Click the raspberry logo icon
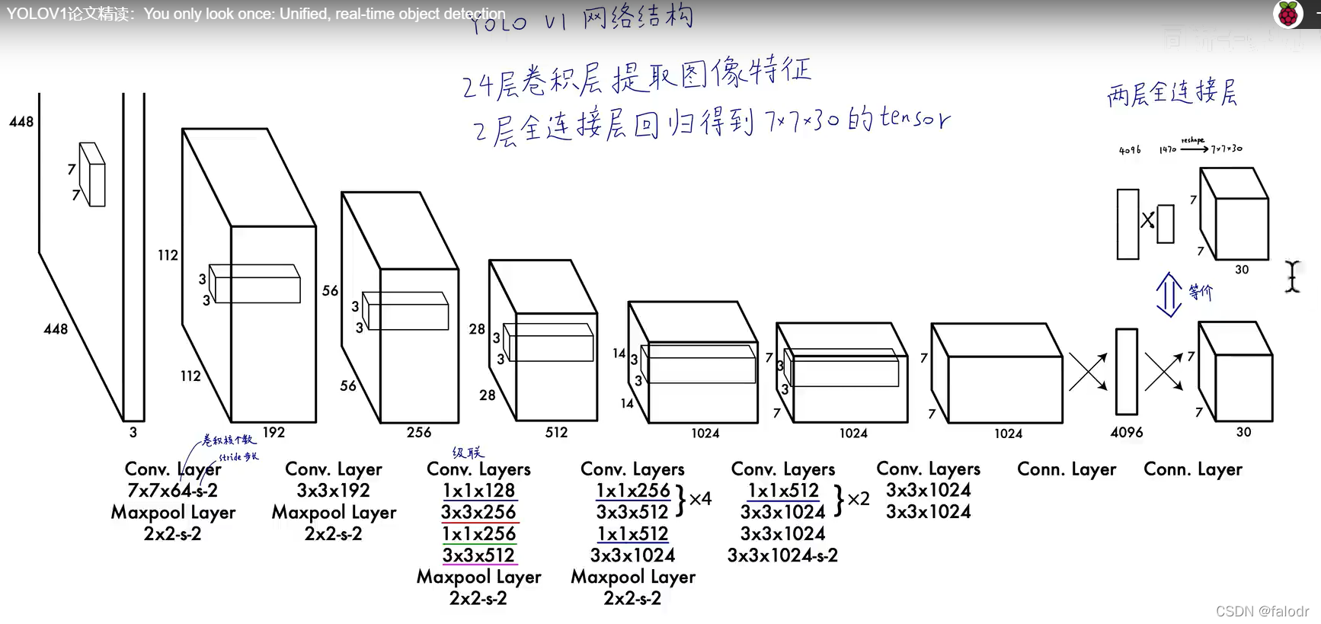(1287, 14)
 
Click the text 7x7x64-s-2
(172, 491)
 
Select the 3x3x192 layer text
(333, 491)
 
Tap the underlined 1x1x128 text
(479, 491)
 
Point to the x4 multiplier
(700, 499)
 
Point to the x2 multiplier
(859, 499)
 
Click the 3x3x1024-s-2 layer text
(782, 555)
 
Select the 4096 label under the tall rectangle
(1126, 433)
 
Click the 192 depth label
(273, 433)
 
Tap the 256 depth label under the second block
(418, 433)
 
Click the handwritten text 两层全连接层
(1172, 93)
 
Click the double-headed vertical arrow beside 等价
(1169, 294)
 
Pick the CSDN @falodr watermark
(1262, 611)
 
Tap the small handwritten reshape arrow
(1194, 149)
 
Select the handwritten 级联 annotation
(468, 453)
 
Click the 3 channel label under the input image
(133, 433)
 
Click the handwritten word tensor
(915, 118)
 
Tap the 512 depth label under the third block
(556, 433)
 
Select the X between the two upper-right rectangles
(1147, 221)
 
